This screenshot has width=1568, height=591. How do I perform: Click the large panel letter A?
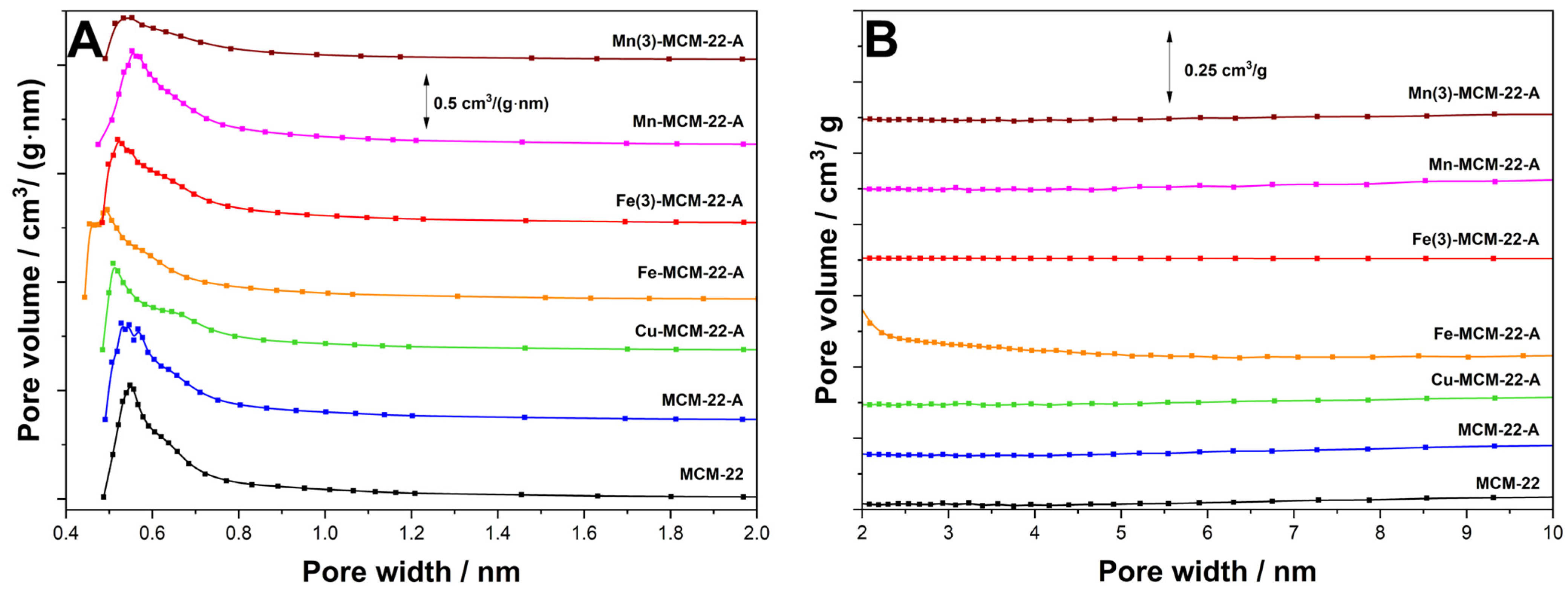point(85,40)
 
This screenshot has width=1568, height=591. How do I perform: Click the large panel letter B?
point(881,40)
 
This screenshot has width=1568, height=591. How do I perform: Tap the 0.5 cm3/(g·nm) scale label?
point(491,103)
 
